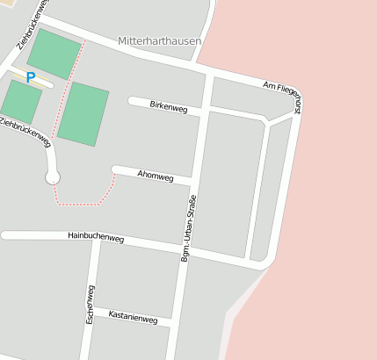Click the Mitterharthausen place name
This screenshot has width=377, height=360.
pyautogui.click(x=159, y=41)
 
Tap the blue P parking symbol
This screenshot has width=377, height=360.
pyautogui.click(x=31, y=77)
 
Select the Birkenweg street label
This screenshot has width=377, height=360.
pyautogui.click(x=169, y=106)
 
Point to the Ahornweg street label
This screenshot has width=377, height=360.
pyautogui.click(x=156, y=176)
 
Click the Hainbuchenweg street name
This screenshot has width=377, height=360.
pyautogui.click(x=96, y=237)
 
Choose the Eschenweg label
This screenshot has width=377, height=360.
pyautogui.click(x=90, y=304)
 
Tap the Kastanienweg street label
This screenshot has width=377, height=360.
pyautogui.click(x=133, y=317)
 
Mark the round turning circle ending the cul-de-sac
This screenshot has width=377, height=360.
pyautogui.click(x=53, y=177)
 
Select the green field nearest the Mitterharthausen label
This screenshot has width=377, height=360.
pyautogui.click(x=54, y=54)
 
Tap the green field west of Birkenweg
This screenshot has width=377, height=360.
pyautogui.click(x=83, y=113)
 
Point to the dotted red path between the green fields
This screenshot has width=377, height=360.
pyautogui.click(x=68, y=88)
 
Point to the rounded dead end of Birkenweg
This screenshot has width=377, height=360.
pyautogui.click(x=133, y=101)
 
